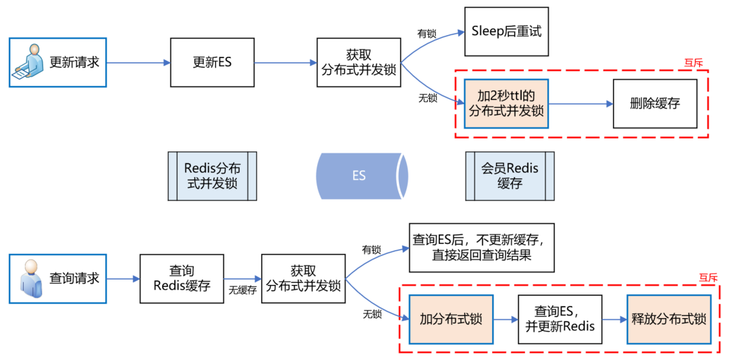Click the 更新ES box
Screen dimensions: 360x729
click(x=212, y=62)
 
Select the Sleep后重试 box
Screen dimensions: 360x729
click(x=506, y=32)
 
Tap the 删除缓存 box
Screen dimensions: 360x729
click(x=654, y=103)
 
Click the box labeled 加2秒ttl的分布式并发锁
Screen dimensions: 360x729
click(x=506, y=103)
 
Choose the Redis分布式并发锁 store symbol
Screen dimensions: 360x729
click(x=212, y=176)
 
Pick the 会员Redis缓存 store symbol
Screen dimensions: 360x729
click(x=510, y=176)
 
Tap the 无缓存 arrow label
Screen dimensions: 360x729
click(x=242, y=290)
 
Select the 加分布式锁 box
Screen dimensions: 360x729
click(x=451, y=319)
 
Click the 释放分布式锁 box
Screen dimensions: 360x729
click(x=669, y=319)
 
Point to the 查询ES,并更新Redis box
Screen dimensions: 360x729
click(x=560, y=319)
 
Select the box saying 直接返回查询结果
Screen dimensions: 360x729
click(x=481, y=247)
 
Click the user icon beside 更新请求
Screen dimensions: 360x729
click(x=28, y=61)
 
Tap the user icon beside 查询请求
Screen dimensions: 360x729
click(x=29, y=278)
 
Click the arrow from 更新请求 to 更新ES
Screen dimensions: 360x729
click(x=138, y=63)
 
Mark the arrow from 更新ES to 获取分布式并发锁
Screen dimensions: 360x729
click(x=285, y=63)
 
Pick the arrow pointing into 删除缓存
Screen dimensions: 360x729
click(x=580, y=104)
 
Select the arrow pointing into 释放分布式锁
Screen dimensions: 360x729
click(x=614, y=319)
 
